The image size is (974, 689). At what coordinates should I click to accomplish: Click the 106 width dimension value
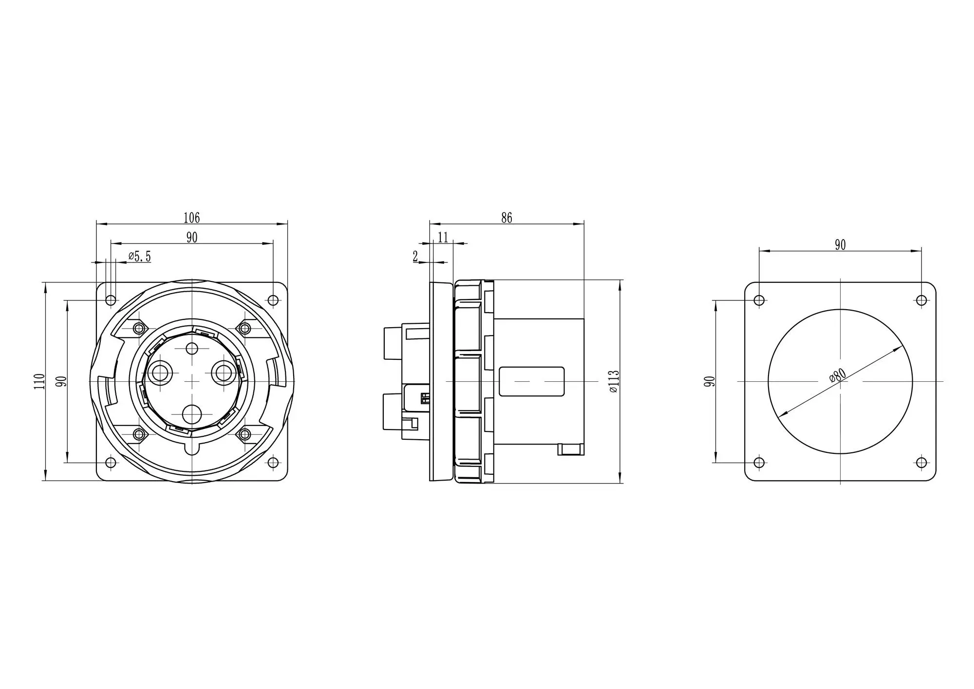pyautogui.click(x=191, y=218)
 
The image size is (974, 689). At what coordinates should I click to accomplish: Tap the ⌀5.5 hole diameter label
pyautogui.click(x=140, y=257)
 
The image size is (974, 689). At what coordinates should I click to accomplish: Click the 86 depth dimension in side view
pyautogui.click(x=506, y=218)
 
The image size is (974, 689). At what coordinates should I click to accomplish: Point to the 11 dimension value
pyautogui.click(x=443, y=237)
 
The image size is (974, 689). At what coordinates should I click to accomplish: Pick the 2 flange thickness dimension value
pyautogui.click(x=415, y=257)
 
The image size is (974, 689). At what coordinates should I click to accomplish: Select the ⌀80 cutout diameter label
pyautogui.click(x=838, y=375)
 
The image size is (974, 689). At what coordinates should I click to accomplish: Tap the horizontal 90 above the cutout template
pyautogui.click(x=840, y=245)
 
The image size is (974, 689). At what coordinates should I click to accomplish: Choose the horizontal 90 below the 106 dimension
pyautogui.click(x=191, y=237)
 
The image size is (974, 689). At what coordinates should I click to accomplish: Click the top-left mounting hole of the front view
pyautogui.click(x=111, y=300)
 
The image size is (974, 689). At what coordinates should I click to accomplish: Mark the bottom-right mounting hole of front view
pyautogui.click(x=273, y=463)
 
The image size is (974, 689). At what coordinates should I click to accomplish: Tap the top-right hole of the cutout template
pyautogui.click(x=921, y=300)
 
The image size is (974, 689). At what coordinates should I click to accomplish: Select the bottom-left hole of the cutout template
pyautogui.click(x=759, y=463)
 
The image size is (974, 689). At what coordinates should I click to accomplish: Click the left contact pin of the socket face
pyautogui.click(x=160, y=373)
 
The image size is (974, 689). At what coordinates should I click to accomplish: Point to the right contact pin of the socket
pyautogui.click(x=224, y=373)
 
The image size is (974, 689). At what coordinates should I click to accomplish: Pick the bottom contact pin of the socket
pyautogui.click(x=192, y=414)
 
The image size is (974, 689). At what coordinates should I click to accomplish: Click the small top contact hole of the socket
pyautogui.click(x=192, y=349)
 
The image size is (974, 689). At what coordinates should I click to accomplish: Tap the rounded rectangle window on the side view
pyautogui.click(x=532, y=381)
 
